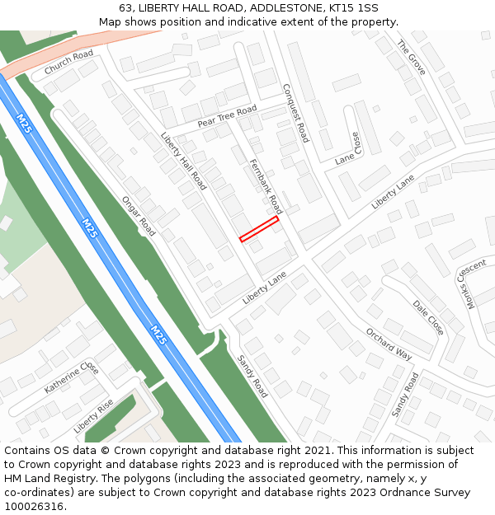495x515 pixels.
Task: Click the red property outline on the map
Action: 259,229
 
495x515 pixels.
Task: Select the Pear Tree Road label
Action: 227,116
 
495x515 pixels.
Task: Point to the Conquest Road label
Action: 295,113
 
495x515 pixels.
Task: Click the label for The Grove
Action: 411,58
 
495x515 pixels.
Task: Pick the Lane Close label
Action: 348,149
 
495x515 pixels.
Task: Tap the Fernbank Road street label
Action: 265,187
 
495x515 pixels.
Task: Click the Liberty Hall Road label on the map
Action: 183,162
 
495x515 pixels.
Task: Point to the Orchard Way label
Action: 388,344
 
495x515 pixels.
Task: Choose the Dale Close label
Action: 428,317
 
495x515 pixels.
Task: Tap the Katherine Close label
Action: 72,377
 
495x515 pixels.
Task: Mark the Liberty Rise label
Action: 93,416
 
